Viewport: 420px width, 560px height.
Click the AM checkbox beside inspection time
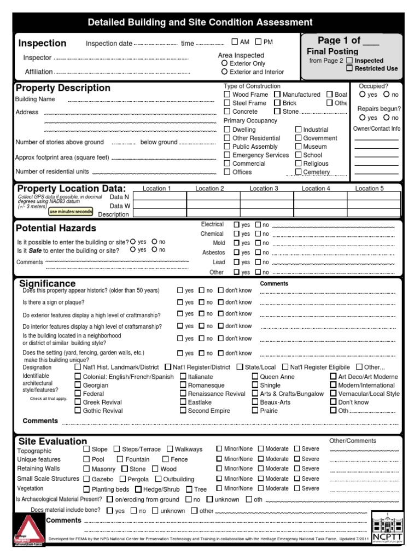(x=235, y=42)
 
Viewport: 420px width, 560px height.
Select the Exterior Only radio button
(x=224, y=63)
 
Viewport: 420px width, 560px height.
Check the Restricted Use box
(x=349, y=68)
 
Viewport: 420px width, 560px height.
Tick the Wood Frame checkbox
(x=227, y=95)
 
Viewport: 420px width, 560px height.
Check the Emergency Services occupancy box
(x=227, y=155)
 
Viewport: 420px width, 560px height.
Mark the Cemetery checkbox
(x=298, y=172)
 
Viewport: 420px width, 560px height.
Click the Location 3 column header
(x=264, y=189)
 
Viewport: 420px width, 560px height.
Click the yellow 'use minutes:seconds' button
(x=71, y=212)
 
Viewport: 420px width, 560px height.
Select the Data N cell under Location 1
(x=157, y=196)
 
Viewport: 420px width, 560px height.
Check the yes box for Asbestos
(x=236, y=253)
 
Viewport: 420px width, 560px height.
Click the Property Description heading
(x=63, y=88)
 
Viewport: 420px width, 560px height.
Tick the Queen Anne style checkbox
(x=255, y=377)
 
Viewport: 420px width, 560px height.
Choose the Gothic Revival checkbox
(x=78, y=411)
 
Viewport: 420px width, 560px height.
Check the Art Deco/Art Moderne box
(x=333, y=377)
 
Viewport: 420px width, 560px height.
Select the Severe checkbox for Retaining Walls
(x=297, y=469)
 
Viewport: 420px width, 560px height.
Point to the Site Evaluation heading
(x=52, y=441)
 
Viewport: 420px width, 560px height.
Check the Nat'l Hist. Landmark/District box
(x=78, y=367)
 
